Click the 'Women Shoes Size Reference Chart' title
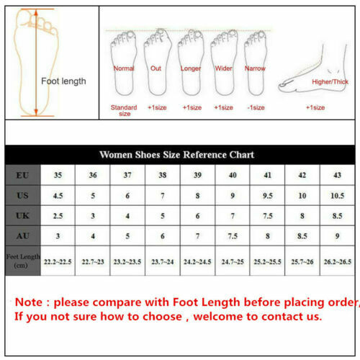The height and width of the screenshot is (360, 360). [x=176, y=155]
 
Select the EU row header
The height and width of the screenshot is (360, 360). [x=22, y=175]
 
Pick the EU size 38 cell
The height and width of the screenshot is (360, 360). [x=162, y=175]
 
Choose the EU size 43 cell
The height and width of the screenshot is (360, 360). [x=337, y=175]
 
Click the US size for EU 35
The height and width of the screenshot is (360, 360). [x=58, y=196]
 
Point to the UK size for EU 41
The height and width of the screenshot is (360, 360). [x=267, y=216]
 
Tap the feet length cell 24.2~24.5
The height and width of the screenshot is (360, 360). [x=197, y=262]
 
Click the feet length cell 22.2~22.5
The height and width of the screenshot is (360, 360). [x=58, y=262]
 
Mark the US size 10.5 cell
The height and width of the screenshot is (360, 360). [x=337, y=196]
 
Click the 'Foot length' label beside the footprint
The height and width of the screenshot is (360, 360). [x=63, y=81]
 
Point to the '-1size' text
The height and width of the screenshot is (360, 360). [x=255, y=107]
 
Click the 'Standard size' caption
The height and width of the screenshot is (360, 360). [x=123, y=110]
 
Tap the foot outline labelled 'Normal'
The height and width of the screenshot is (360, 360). [x=124, y=63]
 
